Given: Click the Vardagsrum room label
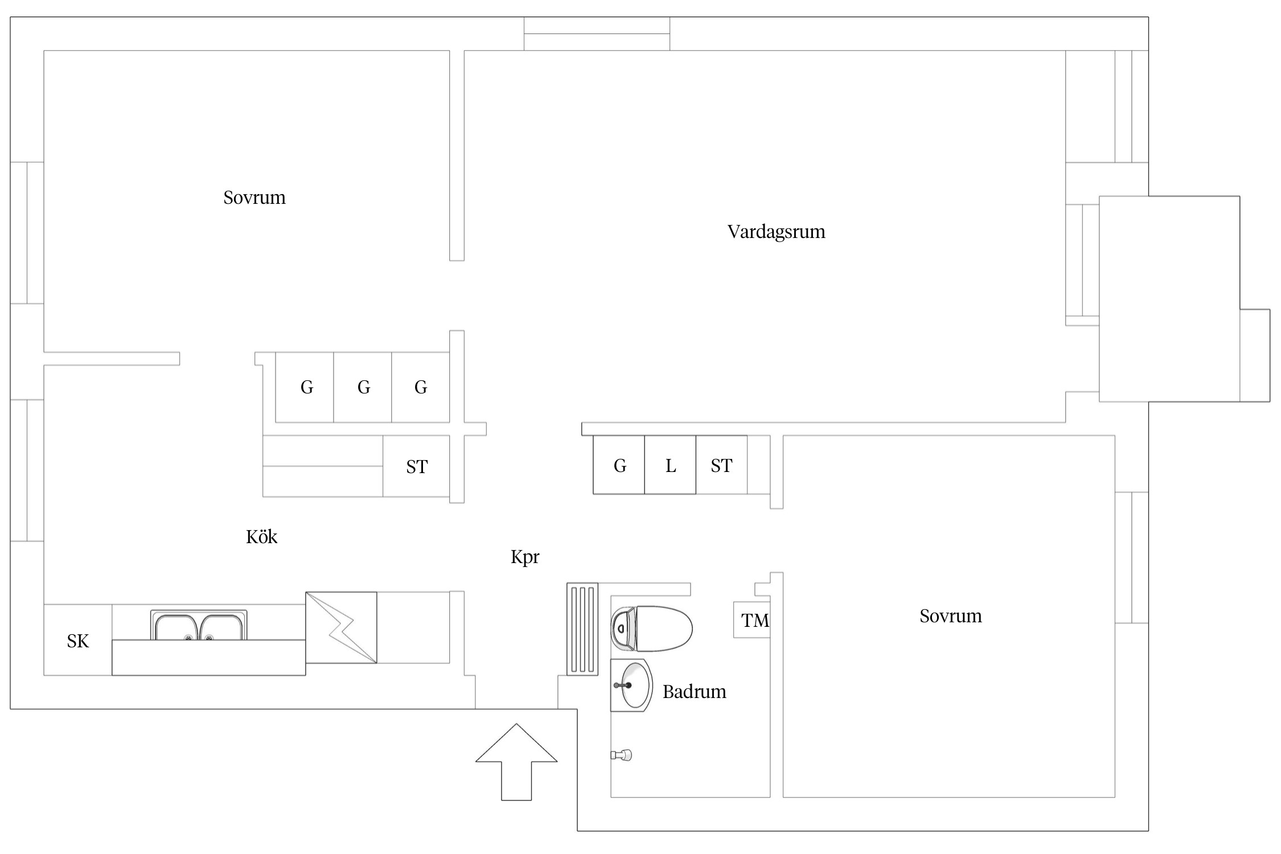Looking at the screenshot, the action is [x=776, y=232].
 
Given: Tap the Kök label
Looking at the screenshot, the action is [x=261, y=536].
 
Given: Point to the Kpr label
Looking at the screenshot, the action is [x=525, y=557].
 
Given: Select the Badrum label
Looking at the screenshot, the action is [x=694, y=692].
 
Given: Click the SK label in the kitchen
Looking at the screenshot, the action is [x=78, y=642].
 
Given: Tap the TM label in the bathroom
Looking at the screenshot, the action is [x=755, y=621].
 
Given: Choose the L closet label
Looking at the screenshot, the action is [x=671, y=466].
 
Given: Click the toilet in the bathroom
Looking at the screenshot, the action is [x=651, y=629].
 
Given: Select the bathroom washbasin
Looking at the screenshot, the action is [x=631, y=685].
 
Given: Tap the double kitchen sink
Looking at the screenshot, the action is [x=199, y=625].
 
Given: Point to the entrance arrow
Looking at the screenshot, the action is [x=516, y=762].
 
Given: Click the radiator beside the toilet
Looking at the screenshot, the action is [x=582, y=629].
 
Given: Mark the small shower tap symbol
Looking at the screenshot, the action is [x=621, y=755].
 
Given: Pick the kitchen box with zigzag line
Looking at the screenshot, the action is [x=341, y=627].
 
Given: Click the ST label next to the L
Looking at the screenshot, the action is [x=721, y=466].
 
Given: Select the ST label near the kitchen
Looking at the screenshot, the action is [x=417, y=467].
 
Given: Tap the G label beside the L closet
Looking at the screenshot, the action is [x=620, y=466].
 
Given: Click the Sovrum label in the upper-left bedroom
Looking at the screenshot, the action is [x=254, y=198].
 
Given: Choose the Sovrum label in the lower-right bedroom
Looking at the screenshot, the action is [x=951, y=616].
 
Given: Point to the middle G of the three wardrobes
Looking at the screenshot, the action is [x=364, y=388].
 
